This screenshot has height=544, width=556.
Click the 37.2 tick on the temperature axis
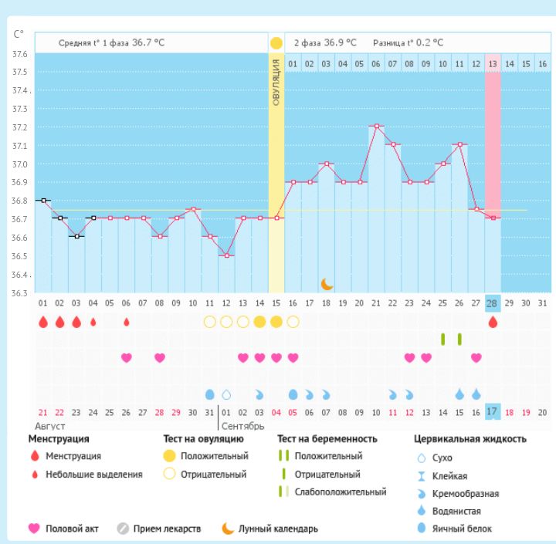20,127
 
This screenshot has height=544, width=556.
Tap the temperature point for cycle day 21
376,126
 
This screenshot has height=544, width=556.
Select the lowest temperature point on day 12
226,255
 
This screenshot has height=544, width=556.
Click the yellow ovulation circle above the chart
276,43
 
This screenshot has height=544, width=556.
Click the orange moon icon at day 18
327,285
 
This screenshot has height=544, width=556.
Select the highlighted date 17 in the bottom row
493,413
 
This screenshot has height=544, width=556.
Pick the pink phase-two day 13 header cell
493,63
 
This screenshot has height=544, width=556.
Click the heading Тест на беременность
327,439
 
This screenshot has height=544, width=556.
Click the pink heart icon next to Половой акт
34,529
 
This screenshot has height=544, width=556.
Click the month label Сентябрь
242,426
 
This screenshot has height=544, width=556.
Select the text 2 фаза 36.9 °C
324,43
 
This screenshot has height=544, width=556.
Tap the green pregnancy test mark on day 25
442,339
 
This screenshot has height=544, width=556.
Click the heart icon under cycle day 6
127,357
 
